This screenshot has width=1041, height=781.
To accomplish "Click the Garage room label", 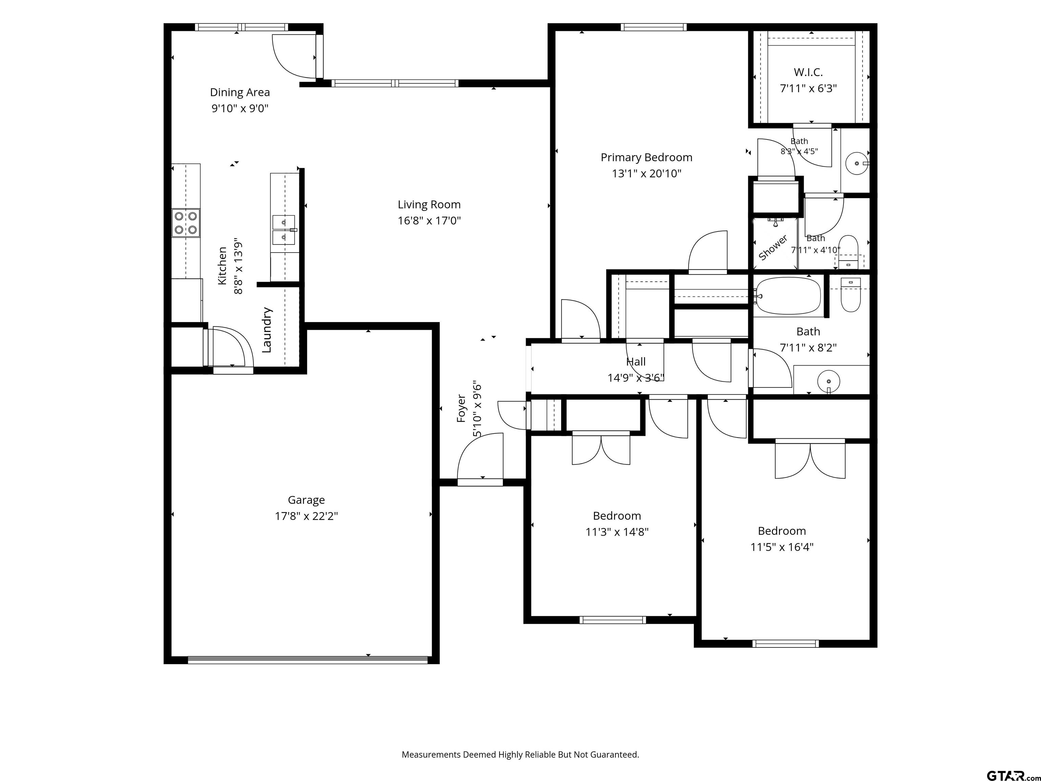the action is click(306, 500).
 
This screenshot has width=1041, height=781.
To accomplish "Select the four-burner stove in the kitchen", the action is click(185, 223).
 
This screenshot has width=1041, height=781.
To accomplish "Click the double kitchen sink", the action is click(284, 230).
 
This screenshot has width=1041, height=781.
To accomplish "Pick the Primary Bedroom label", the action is click(646, 158).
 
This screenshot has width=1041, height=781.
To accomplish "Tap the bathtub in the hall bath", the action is click(788, 296).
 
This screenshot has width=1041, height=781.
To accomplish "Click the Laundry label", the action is click(267, 330).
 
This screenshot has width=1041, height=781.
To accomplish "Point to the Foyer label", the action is click(461, 408).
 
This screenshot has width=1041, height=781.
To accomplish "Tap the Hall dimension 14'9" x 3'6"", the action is click(635, 378).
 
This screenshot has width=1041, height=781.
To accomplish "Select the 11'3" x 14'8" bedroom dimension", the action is click(617, 532).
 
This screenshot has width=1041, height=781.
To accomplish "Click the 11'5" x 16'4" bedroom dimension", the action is click(782, 547).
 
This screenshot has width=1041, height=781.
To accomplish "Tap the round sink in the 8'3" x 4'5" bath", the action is click(857, 163).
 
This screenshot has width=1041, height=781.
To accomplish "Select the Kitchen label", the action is click(222, 266).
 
